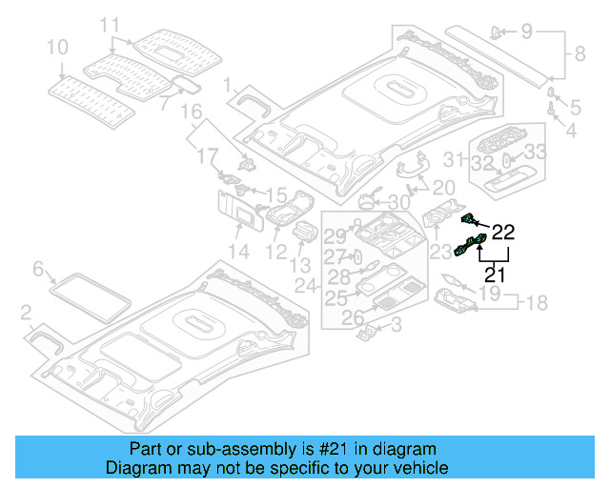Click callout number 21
(495, 275)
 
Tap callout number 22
(502, 232)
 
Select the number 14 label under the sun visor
(237, 252)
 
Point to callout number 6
(38, 271)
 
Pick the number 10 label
(57, 46)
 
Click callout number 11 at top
(111, 24)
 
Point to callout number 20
(444, 188)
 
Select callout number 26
(354, 318)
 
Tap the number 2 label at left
(26, 312)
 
